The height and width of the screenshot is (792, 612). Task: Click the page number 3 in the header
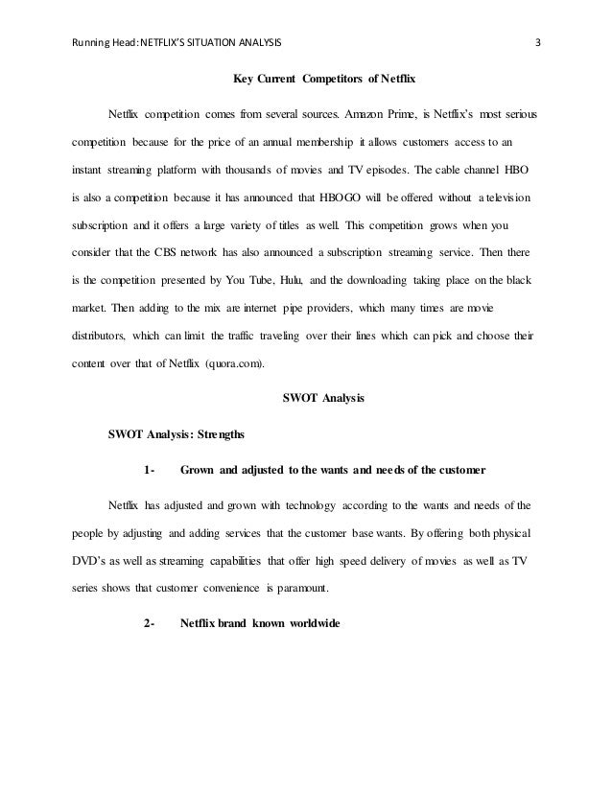pyautogui.click(x=538, y=41)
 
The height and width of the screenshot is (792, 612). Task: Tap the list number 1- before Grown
pyautogui.click(x=149, y=470)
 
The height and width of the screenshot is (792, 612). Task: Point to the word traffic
pyautogui.click(x=247, y=311)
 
